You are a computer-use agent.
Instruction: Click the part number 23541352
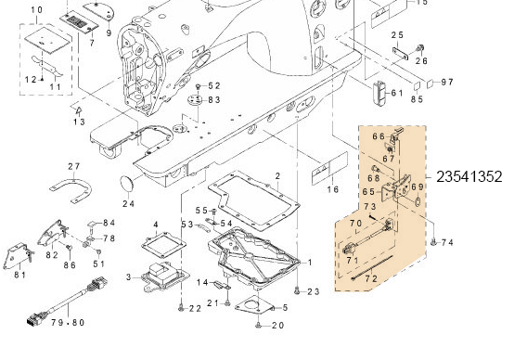[x=469, y=177]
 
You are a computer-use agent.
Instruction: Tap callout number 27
[x=74, y=166]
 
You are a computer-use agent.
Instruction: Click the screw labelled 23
[x=297, y=290]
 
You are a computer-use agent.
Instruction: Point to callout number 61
[x=396, y=93]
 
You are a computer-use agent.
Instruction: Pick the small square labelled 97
[x=431, y=84]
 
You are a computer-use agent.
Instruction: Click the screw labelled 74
[x=433, y=241]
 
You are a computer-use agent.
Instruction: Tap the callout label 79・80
[x=68, y=323]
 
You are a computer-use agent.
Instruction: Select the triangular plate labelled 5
[x=254, y=306]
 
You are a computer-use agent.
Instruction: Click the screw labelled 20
[x=259, y=325]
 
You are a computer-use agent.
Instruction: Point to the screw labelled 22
[x=182, y=307]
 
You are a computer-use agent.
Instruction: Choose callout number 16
[x=333, y=189]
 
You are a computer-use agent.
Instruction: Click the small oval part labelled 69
[x=418, y=202]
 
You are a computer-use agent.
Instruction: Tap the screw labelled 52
[x=199, y=86]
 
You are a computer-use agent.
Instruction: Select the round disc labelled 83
[x=195, y=100]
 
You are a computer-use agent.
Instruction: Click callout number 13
[x=79, y=122]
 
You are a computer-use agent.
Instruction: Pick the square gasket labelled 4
[x=163, y=245]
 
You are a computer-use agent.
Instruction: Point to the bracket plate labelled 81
[x=16, y=256]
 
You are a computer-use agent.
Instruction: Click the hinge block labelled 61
[x=380, y=94]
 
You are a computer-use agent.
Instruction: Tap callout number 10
[x=36, y=10]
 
